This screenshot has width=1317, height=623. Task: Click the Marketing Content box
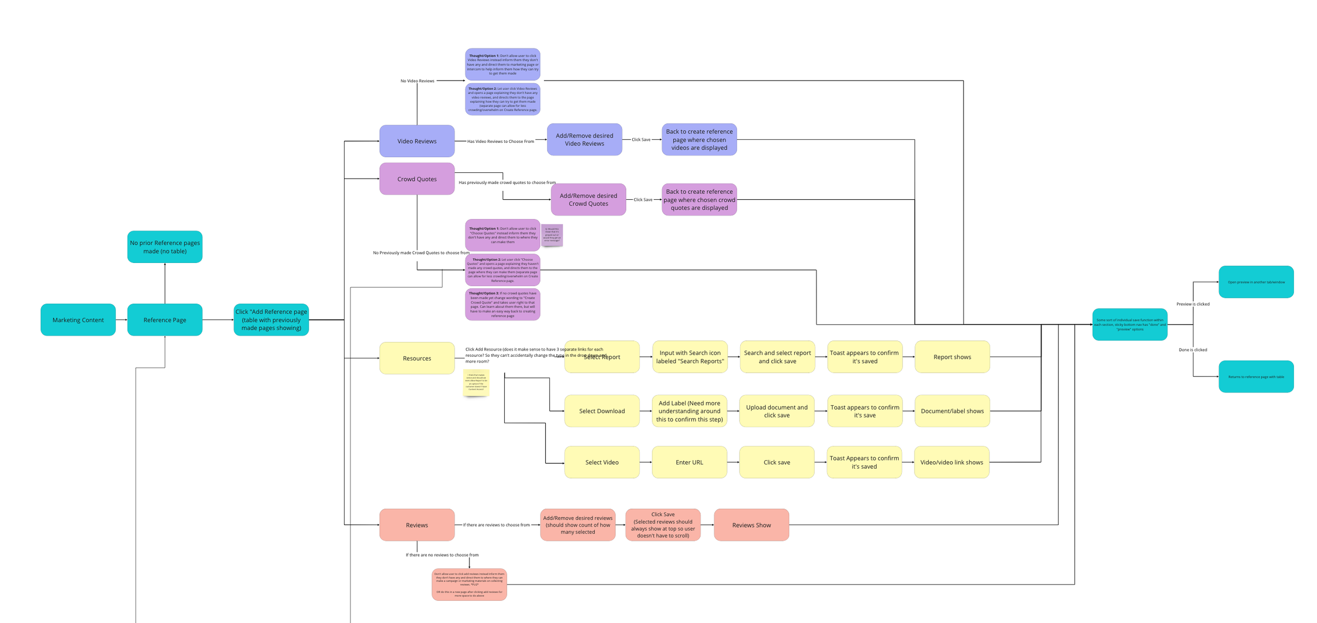pyautogui.click(x=78, y=319)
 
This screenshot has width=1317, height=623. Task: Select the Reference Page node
pyautogui.click(x=164, y=319)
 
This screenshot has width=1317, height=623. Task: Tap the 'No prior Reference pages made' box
pyautogui.click(x=164, y=247)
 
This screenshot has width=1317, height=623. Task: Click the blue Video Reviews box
pyautogui.click(x=417, y=141)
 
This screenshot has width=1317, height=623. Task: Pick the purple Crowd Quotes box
pyautogui.click(x=417, y=179)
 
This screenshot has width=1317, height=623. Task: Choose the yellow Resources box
pyautogui.click(x=417, y=358)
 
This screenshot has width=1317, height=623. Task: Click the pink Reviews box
pyautogui.click(x=417, y=524)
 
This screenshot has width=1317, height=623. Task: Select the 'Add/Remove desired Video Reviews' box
pyautogui.click(x=584, y=139)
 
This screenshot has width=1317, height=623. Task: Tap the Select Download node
pyautogui.click(x=602, y=411)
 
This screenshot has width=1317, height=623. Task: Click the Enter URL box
pyautogui.click(x=689, y=462)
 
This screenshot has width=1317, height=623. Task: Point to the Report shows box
pyautogui.click(x=952, y=356)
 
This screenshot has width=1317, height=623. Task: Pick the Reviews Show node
pyautogui.click(x=751, y=524)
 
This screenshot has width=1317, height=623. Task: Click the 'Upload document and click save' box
pyautogui.click(x=777, y=411)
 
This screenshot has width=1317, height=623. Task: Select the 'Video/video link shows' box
pyautogui.click(x=951, y=462)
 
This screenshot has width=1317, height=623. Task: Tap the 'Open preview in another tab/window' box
pyautogui.click(x=1256, y=281)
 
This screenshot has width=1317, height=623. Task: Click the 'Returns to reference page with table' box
pyautogui.click(x=1256, y=376)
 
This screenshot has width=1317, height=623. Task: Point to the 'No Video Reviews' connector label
pyautogui.click(x=417, y=81)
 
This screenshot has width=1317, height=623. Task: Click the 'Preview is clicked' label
pyautogui.click(x=1193, y=304)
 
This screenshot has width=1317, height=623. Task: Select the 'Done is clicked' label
pyautogui.click(x=1193, y=349)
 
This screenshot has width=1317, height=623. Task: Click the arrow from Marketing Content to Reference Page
pyautogui.click(x=121, y=319)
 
